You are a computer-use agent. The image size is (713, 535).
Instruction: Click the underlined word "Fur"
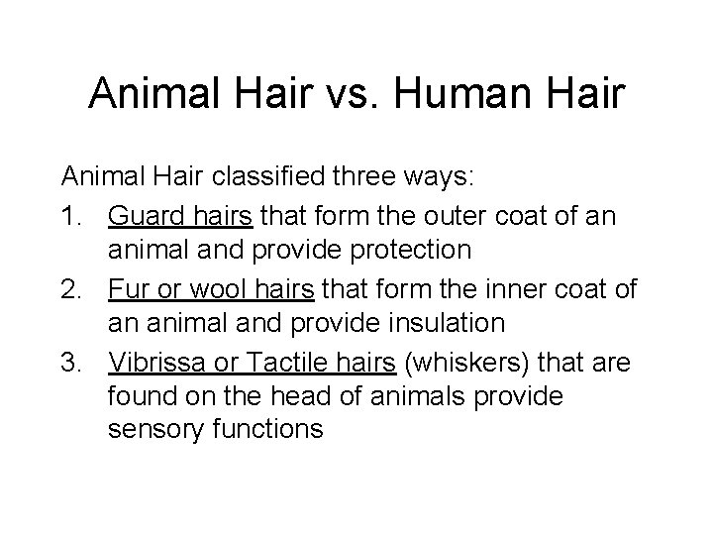click(x=128, y=289)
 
